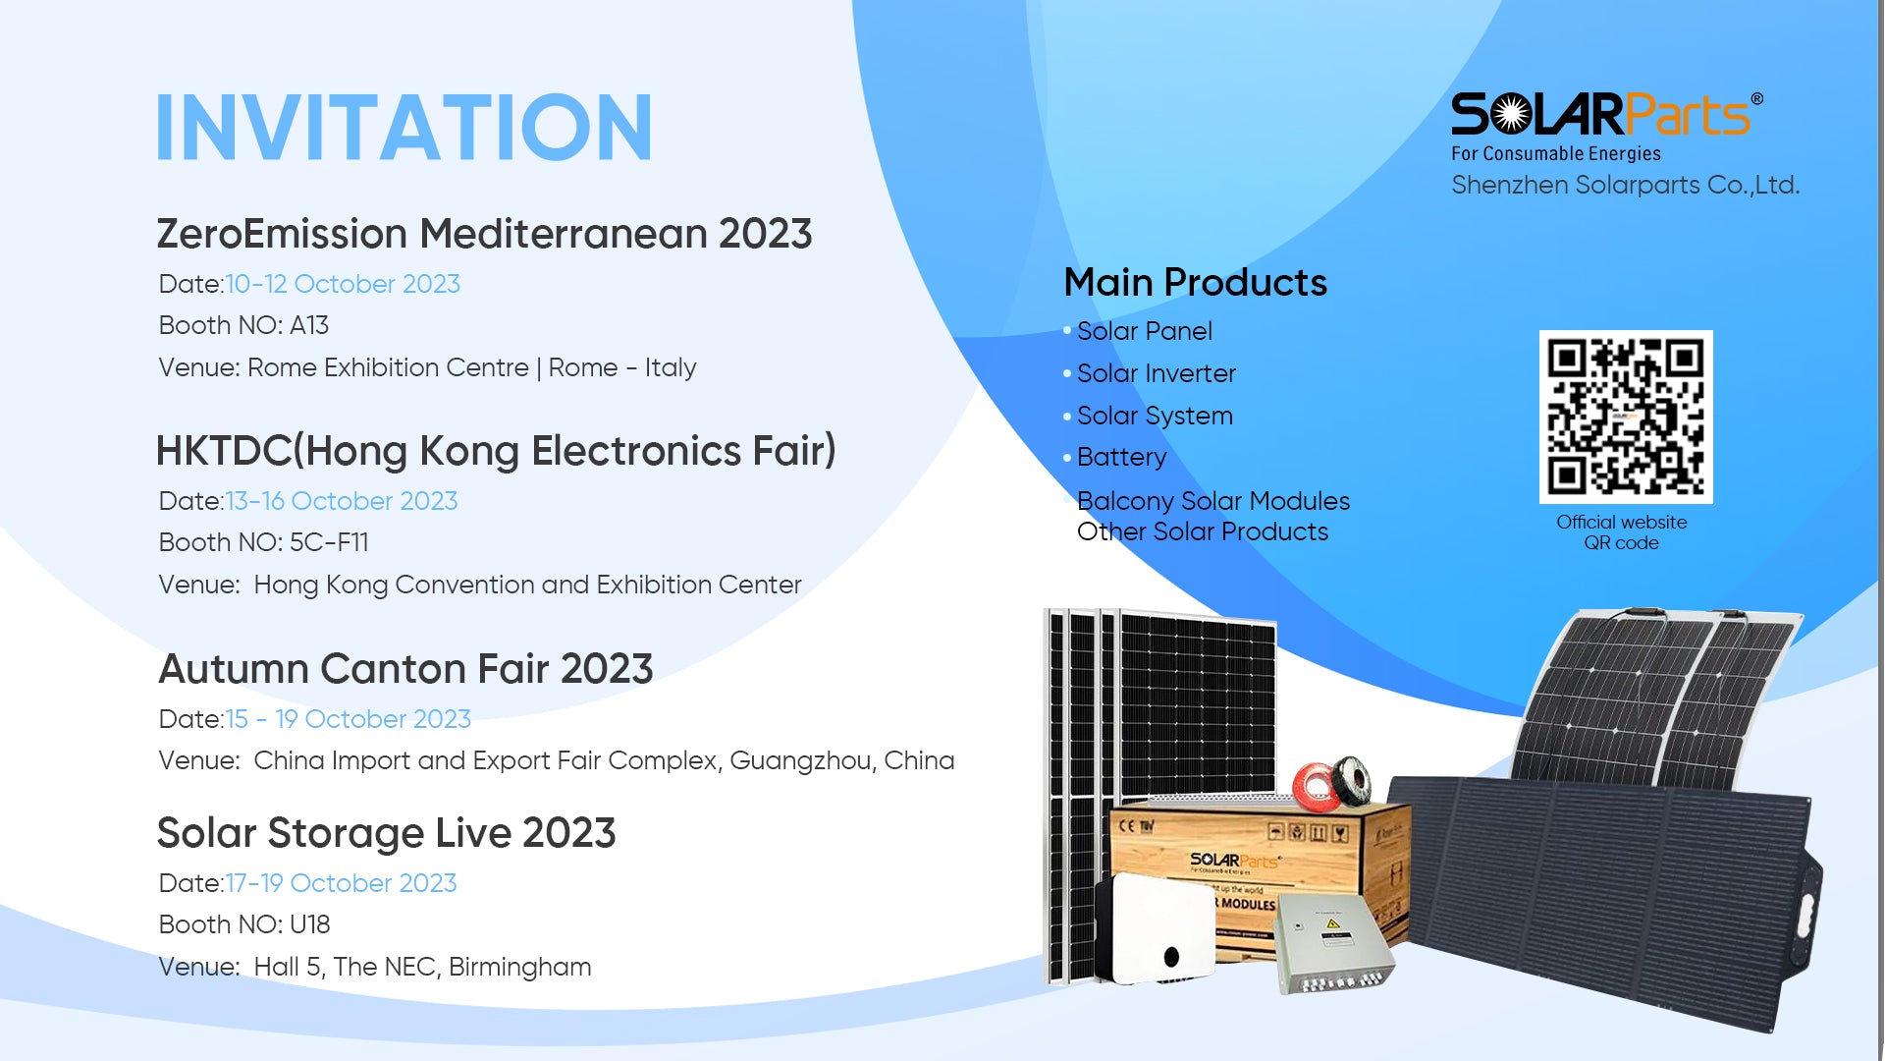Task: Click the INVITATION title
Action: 404,127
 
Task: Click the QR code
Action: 1626,417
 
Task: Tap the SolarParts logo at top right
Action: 1606,126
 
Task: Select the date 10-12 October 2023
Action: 343,284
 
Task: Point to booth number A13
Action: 309,325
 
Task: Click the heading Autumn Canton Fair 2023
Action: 405,669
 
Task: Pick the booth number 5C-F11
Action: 329,542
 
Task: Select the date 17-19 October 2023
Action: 342,883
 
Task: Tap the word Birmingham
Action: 519,968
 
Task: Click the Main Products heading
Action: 1195,283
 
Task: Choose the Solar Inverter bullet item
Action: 1156,373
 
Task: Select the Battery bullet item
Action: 1121,458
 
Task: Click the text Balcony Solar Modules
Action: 1213,501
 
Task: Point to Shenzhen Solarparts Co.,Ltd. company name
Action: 1625,185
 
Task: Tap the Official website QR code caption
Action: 1622,532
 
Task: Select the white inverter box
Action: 1156,928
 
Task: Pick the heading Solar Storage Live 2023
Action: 386,833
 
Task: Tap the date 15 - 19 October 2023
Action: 349,719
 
